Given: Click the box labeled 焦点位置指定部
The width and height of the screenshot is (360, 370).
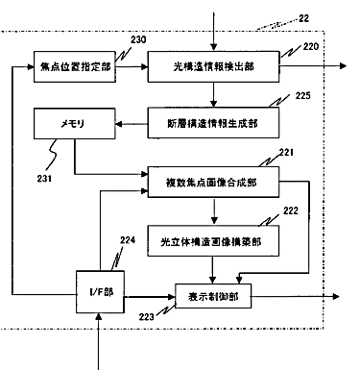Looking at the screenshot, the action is (75, 66).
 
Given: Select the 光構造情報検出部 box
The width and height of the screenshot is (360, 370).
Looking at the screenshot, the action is (213, 66).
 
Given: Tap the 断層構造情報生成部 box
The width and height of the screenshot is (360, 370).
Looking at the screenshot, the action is (213, 123).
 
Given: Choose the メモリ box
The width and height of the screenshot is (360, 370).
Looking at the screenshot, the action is (75, 123).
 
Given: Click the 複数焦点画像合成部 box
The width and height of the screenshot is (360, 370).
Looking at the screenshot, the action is (213, 182).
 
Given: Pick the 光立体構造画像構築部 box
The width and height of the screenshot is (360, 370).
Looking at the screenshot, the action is (213, 241).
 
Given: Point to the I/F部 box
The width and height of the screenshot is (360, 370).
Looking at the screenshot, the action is (100, 292).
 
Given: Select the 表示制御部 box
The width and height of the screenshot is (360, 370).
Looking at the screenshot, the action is (213, 296).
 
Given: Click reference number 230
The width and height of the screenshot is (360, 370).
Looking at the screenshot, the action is (138, 39).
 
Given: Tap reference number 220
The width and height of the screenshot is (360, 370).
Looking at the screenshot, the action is (311, 47).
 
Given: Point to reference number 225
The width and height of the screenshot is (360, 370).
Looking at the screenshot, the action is (302, 96).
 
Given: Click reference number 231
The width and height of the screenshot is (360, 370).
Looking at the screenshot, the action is (44, 179).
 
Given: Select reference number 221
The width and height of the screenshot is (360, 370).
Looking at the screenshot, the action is (286, 153).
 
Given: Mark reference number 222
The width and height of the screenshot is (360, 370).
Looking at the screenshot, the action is (291, 210).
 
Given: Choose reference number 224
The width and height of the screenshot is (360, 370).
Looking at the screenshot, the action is (128, 240).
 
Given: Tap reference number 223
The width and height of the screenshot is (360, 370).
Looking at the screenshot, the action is (147, 317).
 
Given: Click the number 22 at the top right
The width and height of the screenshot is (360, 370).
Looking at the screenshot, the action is (304, 18).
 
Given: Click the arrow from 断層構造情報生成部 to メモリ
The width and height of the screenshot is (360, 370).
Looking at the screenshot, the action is (132, 124).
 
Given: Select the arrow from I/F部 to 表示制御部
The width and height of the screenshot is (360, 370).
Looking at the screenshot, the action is (150, 297).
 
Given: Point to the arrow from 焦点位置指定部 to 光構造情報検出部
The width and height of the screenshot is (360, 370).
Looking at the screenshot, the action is (132, 66).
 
